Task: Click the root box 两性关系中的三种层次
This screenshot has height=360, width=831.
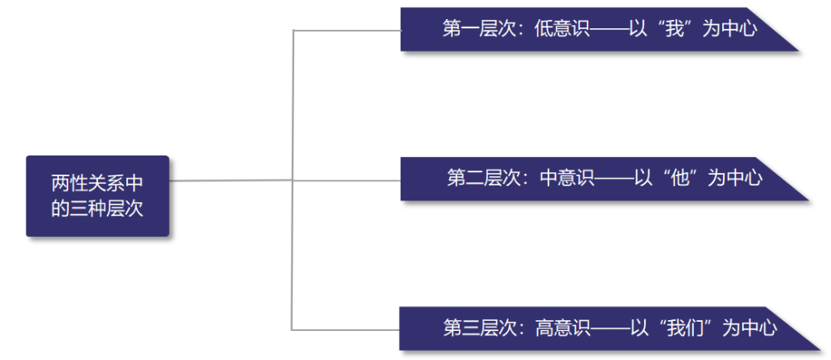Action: tap(97, 195)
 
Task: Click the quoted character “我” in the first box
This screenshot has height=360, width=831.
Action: tap(675, 28)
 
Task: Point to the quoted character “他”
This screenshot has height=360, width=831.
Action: tap(680, 178)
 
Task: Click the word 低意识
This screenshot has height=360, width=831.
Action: tap(562, 28)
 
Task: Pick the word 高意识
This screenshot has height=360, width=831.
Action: tap(563, 328)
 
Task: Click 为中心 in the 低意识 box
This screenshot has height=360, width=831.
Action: tap(730, 28)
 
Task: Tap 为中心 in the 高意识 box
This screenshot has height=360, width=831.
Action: tap(750, 328)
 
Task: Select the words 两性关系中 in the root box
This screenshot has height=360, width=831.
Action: tap(97, 184)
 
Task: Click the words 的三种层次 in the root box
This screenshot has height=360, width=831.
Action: tap(97, 209)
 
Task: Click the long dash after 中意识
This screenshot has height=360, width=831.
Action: tap(615, 179)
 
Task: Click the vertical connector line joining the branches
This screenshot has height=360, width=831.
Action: tap(293, 180)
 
